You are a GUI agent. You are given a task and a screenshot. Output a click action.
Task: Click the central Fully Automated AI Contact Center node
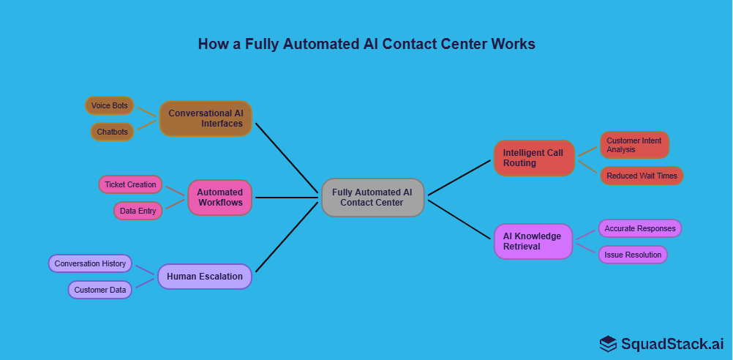pyautogui.click(x=372, y=198)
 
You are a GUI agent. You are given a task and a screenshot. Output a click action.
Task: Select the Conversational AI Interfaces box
pyautogui.click(x=206, y=119)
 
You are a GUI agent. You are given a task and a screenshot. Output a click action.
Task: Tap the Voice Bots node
pyautogui.click(x=109, y=105)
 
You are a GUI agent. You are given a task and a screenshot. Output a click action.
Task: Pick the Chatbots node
pyautogui.click(x=112, y=132)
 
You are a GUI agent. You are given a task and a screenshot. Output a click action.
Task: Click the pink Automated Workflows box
pyautogui.click(x=219, y=198)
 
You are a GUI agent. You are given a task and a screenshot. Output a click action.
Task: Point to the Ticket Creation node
pyautogui.click(x=130, y=184)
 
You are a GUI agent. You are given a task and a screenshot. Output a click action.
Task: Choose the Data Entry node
pyautogui.click(x=138, y=211)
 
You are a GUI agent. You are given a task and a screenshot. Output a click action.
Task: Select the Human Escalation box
pyautogui.click(x=205, y=277)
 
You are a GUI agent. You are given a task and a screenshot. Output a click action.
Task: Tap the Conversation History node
pyautogui.click(x=90, y=263)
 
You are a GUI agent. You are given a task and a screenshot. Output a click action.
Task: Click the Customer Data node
pyautogui.click(x=100, y=290)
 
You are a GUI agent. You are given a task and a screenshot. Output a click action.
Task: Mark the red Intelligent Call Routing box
pyautogui.click(x=533, y=158)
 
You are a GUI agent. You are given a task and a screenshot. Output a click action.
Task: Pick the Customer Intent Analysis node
pyautogui.click(x=634, y=145)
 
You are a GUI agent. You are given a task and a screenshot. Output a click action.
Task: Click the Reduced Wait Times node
pyautogui.click(x=642, y=176)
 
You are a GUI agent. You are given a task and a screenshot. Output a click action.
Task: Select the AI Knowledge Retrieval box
pyautogui.click(x=533, y=241)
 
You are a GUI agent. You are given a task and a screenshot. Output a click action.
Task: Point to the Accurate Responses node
pyautogui.click(x=640, y=228)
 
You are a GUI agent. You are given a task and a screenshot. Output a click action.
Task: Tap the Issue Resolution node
pyautogui.click(x=633, y=255)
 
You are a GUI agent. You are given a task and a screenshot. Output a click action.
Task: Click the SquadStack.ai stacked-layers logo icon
pyautogui.click(x=608, y=343)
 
